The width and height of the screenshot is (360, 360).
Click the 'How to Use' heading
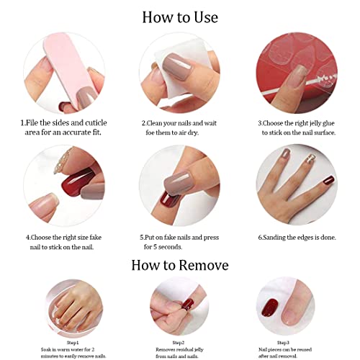[x=179, y=17]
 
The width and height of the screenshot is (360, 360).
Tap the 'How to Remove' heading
[x=179, y=264]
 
